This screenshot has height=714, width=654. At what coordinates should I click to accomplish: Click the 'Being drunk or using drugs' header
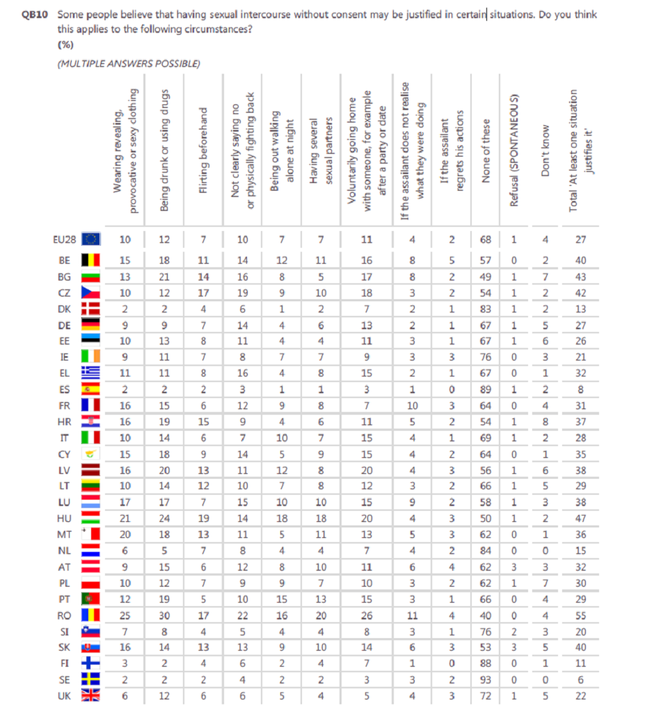coord(164,152)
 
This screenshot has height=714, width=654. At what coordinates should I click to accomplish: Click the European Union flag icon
coord(90,240)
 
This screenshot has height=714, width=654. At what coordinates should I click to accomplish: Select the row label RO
coord(63,615)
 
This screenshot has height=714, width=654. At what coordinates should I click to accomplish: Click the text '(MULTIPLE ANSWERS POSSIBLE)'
coord(128,63)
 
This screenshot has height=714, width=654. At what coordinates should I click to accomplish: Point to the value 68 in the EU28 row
coord(486,240)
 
